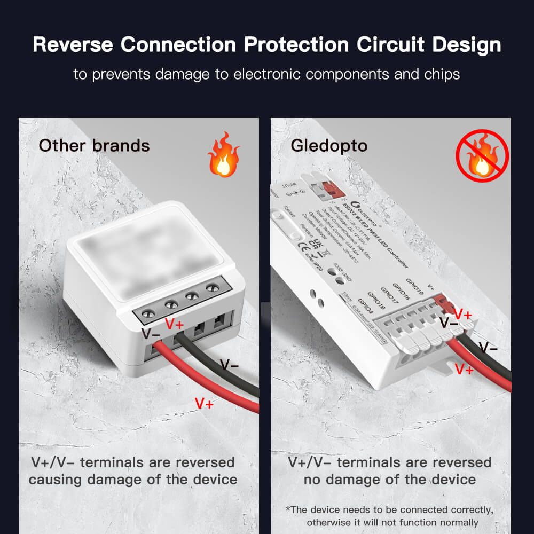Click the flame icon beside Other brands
(x=224, y=155)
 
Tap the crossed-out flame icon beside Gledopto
(x=482, y=155)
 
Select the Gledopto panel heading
(x=329, y=145)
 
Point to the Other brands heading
(x=94, y=145)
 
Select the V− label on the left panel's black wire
(x=230, y=365)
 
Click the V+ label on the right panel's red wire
(x=464, y=368)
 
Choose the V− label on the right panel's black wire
(x=488, y=348)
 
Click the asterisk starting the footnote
(x=288, y=509)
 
